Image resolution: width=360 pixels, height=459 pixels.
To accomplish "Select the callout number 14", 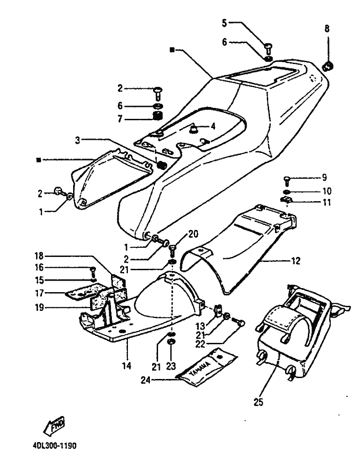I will coord(127,366).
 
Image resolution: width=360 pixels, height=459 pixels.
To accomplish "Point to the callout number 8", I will coord(327,28).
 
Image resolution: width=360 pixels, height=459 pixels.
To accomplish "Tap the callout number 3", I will coord(78,139).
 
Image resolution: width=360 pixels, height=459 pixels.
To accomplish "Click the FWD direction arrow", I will coord(54,425).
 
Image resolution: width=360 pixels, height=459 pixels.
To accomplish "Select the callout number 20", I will coord(193,235).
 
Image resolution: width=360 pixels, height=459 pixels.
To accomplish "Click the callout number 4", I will coord(212,126).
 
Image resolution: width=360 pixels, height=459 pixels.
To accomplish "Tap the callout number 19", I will coord(40,308).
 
